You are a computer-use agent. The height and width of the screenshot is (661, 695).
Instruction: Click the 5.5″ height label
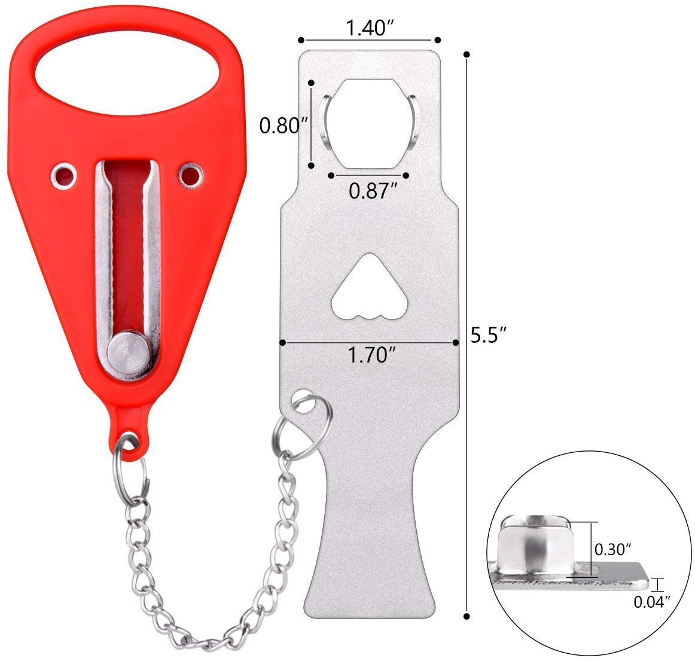click(489, 335)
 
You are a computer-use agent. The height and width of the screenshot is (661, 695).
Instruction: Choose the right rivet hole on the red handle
click(190, 175)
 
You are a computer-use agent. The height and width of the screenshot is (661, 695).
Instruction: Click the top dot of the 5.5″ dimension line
click(467, 54)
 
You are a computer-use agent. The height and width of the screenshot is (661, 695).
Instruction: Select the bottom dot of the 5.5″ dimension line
click(467, 615)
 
